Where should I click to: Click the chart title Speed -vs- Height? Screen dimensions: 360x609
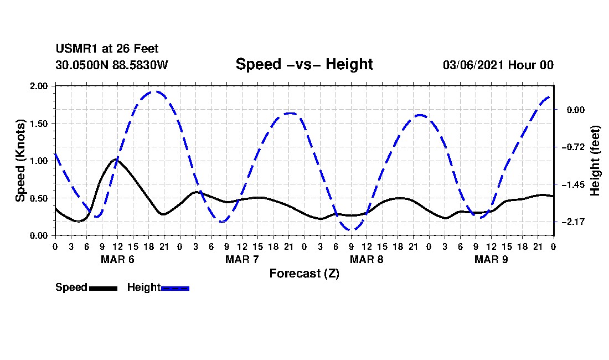tap(304, 64)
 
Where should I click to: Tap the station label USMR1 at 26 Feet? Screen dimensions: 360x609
tap(107, 49)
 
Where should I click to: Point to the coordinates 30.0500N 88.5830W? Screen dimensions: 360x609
tap(111, 65)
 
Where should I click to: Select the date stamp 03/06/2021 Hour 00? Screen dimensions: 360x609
tap(498, 65)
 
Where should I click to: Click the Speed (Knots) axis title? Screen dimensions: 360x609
tap(20, 161)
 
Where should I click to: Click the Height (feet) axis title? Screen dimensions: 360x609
tap(595, 161)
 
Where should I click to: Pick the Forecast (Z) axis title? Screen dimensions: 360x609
tap(304, 273)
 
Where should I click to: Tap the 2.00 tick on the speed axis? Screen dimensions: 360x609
tap(39, 86)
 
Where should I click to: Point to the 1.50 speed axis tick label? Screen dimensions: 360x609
tap(39, 124)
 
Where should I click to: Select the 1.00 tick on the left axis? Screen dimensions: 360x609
tap(39, 161)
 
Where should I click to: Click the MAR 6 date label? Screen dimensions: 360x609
tap(117, 259)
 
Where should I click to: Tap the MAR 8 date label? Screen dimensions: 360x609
tap(367, 259)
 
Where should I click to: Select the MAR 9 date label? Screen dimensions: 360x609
tap(491, 259)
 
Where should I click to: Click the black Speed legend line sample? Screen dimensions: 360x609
tap(102, 287)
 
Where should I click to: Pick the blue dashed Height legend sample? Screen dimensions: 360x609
tap(175, 287)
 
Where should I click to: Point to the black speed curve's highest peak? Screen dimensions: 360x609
tap(116, 160)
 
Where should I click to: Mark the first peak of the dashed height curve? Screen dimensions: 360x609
tap(154, 91)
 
